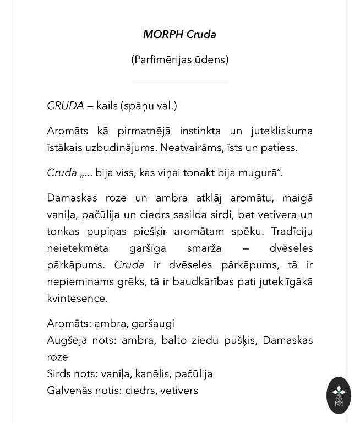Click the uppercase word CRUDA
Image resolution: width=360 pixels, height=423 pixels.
(66, 106)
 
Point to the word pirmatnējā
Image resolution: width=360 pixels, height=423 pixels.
(144, 131)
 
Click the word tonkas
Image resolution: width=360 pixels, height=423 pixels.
(63, 231)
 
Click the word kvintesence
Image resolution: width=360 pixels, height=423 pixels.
(77, 299)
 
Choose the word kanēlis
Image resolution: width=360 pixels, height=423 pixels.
(152, 374)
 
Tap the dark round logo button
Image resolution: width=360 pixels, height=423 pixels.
(338, 395)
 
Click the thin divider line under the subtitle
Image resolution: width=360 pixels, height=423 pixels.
(180, 83)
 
